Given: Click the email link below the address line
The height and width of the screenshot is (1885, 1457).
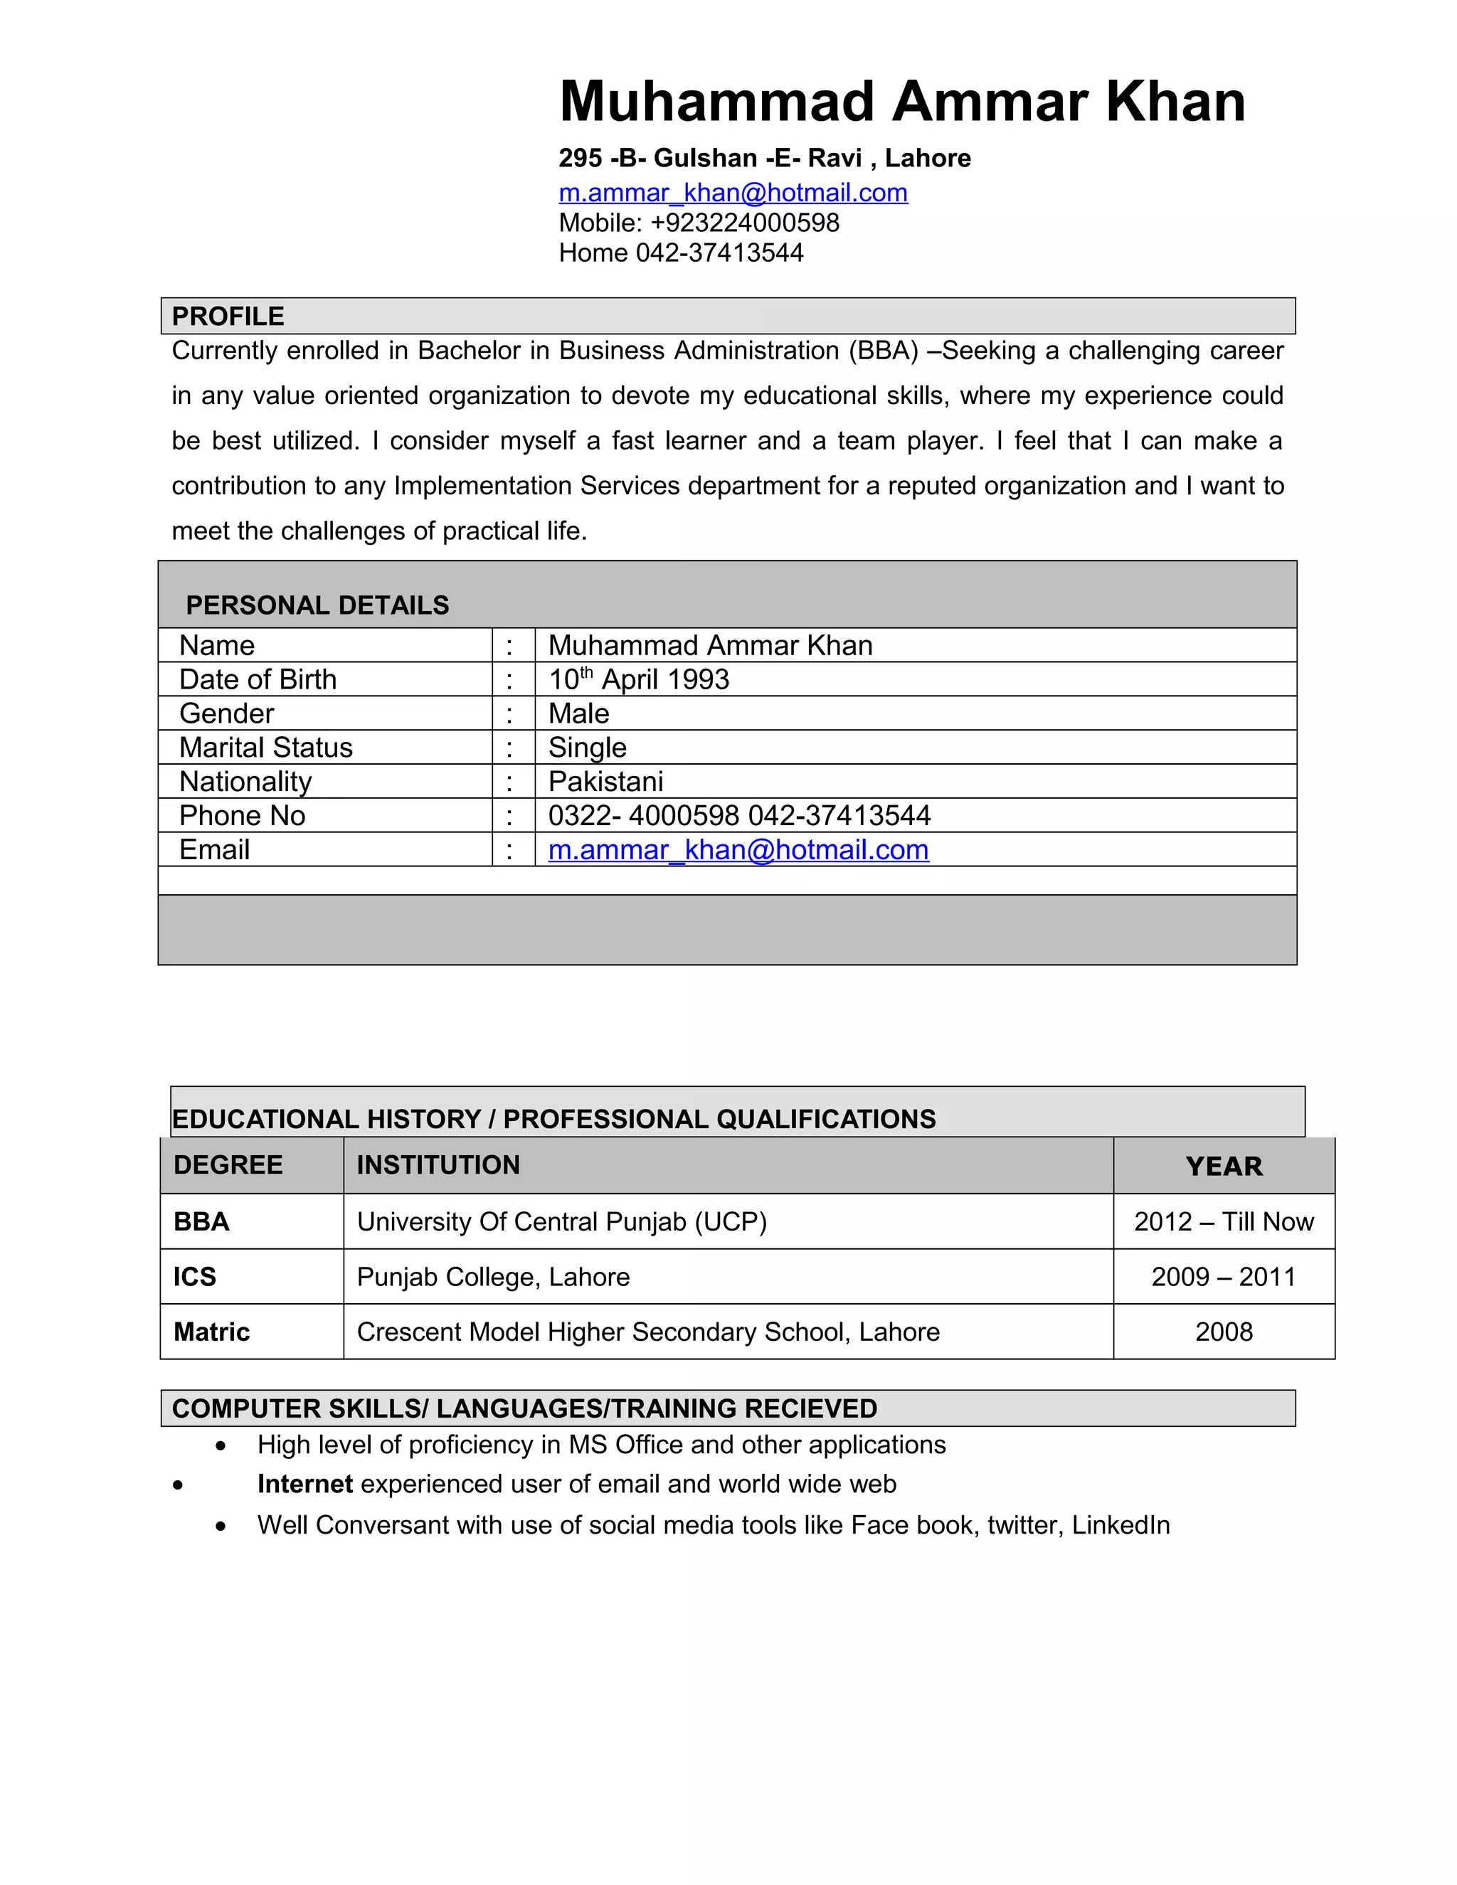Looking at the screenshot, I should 733,193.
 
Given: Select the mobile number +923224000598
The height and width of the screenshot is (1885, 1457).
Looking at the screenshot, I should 744,223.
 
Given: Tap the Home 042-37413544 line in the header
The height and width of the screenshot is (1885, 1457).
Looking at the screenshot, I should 681,253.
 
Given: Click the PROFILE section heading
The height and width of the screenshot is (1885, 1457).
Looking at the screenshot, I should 228,316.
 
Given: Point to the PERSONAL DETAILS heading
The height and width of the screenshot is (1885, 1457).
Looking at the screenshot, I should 317,605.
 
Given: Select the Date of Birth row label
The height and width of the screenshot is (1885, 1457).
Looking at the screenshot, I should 258,679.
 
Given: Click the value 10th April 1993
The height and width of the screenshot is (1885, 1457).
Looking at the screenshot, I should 639,679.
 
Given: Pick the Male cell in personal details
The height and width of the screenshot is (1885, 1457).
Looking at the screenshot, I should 578,713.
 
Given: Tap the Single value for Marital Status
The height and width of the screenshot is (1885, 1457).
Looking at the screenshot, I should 587,748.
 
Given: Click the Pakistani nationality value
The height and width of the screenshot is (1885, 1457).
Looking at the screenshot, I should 605,781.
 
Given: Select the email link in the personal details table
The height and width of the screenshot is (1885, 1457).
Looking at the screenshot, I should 738,850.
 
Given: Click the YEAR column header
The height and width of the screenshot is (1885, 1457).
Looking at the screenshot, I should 1223,1166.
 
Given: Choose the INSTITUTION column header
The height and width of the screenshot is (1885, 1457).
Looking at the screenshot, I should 438,1165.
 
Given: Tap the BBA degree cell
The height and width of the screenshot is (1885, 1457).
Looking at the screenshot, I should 201,1221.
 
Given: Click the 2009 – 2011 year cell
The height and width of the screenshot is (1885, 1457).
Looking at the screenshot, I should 1223,1277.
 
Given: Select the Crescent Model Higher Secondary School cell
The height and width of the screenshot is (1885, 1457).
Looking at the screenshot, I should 647,1332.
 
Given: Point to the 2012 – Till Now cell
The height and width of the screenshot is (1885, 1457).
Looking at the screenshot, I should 1223,1221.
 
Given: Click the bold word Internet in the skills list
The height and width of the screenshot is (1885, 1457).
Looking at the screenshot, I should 304,1485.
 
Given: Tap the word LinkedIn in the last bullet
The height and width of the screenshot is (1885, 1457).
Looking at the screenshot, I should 1120,1525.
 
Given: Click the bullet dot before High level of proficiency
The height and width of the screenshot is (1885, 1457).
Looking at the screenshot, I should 222,1445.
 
